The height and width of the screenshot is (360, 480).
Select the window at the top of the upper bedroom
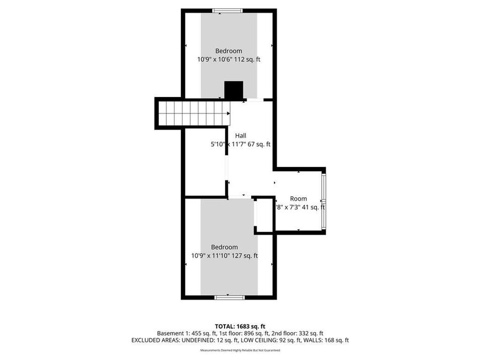tap(228, 10)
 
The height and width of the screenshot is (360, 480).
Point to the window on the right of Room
tap(323, 200)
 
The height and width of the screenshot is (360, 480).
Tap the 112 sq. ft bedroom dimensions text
tap(228, 60)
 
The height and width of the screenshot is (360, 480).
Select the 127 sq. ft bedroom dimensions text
tap(224, 255)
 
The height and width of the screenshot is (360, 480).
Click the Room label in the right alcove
tap(298, 198)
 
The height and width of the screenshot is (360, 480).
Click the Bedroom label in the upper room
tap(228, 51)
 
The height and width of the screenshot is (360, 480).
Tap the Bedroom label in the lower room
tap(224, 247)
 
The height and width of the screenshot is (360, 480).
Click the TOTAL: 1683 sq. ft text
tap(240, 326)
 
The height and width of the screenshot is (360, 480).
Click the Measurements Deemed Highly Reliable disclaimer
tap(240, 350)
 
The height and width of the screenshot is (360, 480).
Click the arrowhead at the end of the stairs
tap(228, 113)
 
